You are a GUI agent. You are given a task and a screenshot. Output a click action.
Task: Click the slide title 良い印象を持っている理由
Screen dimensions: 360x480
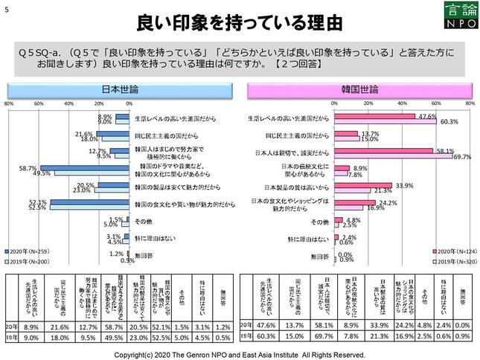coord(240,21)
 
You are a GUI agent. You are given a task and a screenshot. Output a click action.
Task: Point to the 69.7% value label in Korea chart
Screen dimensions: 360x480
coord(462,156)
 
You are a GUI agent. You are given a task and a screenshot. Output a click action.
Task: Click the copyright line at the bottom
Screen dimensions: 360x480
coord(240,353)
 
